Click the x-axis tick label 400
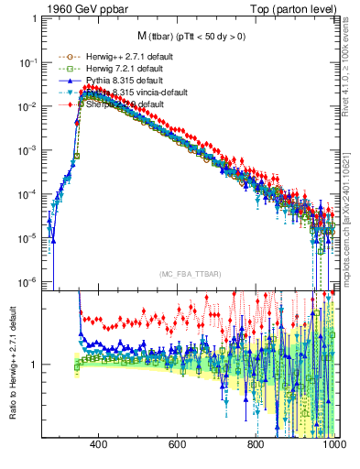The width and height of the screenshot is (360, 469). pyautogui.click(x=99, y=444)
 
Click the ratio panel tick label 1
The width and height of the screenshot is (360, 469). pyautogui.click(x=35, y=365)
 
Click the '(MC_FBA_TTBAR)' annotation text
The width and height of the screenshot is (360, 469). pyautogui.click(x=189, y=275)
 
